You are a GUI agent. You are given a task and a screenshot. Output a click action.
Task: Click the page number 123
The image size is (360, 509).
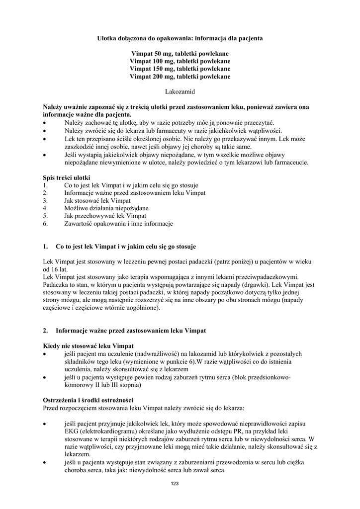tap(174, 484)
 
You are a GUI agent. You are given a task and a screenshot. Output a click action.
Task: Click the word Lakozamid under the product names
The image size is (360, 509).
tap(180, 91)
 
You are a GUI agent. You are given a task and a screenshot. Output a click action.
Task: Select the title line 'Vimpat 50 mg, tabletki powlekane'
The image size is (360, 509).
tap(180, 53)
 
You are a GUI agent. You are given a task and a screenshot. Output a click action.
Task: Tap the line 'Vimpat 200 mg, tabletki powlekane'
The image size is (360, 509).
tap(180, 77)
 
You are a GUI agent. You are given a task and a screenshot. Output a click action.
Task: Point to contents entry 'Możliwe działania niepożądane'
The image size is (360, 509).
tap(106, 208)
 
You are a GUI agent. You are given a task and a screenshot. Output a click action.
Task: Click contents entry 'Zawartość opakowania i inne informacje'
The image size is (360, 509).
tap(118, 224)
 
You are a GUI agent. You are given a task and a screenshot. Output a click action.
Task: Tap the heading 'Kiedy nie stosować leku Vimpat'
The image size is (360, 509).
tap(89, 345)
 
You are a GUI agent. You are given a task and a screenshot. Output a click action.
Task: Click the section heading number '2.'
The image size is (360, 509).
tap(46, 331)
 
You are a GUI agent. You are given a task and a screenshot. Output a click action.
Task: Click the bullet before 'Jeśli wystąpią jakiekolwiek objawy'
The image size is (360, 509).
tap(46, 154)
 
